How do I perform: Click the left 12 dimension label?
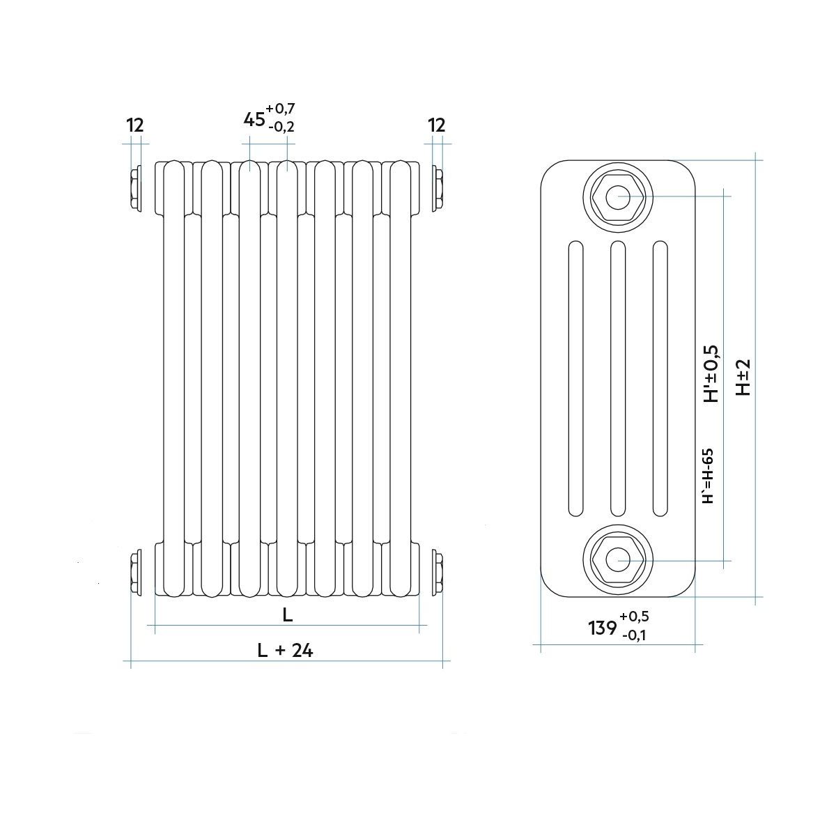click(135, 125)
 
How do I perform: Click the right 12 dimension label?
click(437, 125)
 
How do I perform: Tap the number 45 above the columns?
click(254, 119)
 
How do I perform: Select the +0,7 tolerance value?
click(280, 107)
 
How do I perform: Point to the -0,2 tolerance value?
click(281, 127)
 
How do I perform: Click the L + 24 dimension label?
click(285, 651)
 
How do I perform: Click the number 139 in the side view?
click(603, 628)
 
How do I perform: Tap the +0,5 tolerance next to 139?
click(634, 616)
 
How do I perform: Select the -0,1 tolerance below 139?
click(634, 635)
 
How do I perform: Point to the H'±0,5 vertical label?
click(711, 373)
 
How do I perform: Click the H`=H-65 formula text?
click(708, 475)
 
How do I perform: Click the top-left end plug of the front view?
click(135, 188)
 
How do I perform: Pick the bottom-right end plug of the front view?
click(438, 572)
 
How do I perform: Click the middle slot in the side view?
click(618, 378)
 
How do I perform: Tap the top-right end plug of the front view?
click(438, 188)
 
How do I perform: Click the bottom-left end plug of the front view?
click(135, 572)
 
